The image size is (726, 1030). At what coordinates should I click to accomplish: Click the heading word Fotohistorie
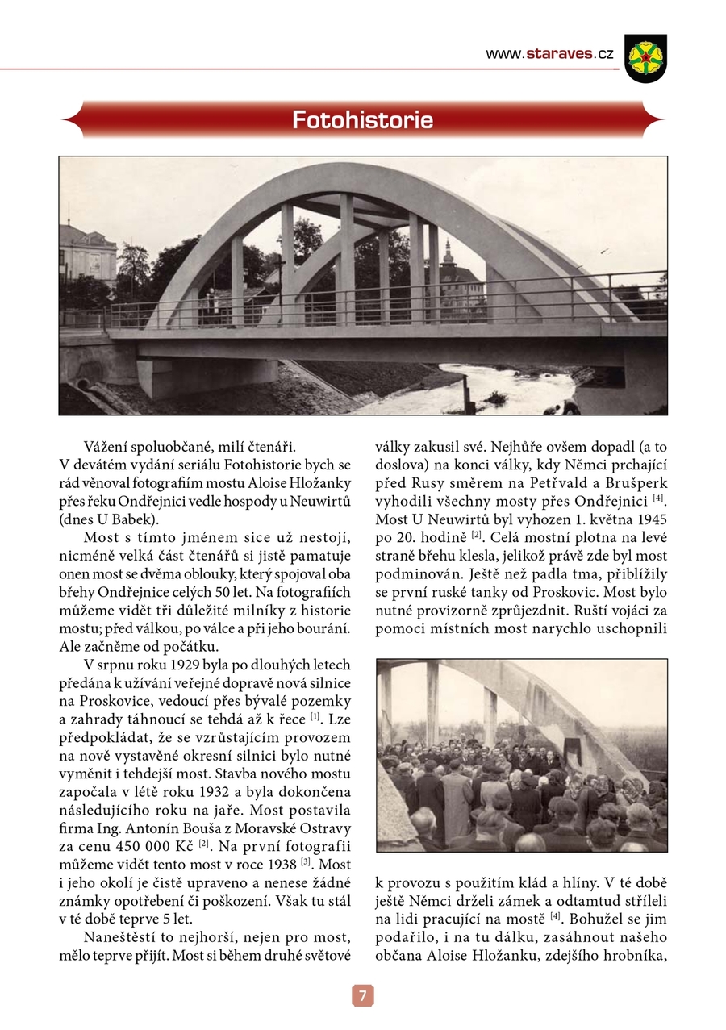(x=362, y=121)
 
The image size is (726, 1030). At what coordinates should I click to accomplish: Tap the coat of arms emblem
(x=645, y=57)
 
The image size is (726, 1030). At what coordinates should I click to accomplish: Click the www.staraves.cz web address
(x=549, y=54)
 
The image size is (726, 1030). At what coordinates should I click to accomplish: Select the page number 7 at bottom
(x=362, y=996)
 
